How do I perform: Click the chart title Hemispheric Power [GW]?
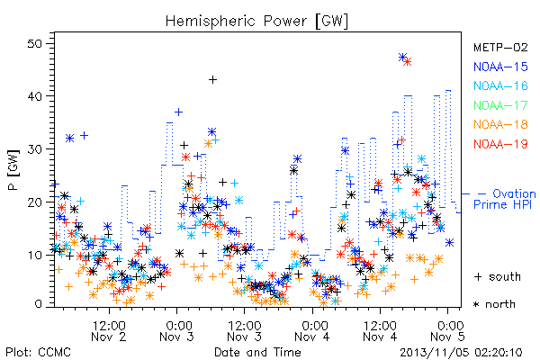tap(256, 22)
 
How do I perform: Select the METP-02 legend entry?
tap(500, 47)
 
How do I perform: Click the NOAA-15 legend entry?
tap(500, 67)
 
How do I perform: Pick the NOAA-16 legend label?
tap(500, 85)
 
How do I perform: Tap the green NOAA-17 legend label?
tap(500, 105)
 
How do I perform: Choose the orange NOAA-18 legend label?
tap(500, 124)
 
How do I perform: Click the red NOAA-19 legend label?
tap(500, 144)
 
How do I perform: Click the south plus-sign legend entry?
tap(498, 276)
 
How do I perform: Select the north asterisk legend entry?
tap(494, 304)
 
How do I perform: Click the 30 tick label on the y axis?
tap(35, 149)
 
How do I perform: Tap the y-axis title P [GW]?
tap(13, 170)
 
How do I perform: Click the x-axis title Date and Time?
tap(257, 352)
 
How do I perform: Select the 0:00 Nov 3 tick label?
tap(176, 331)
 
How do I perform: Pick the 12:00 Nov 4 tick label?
tap(380, 331)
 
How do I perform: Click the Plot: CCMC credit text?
tap(38, 353)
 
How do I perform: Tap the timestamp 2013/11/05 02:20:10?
tap(461, 353)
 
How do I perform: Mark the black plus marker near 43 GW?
tap(212, 79)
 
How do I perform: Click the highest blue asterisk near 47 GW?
tap(402, 58)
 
